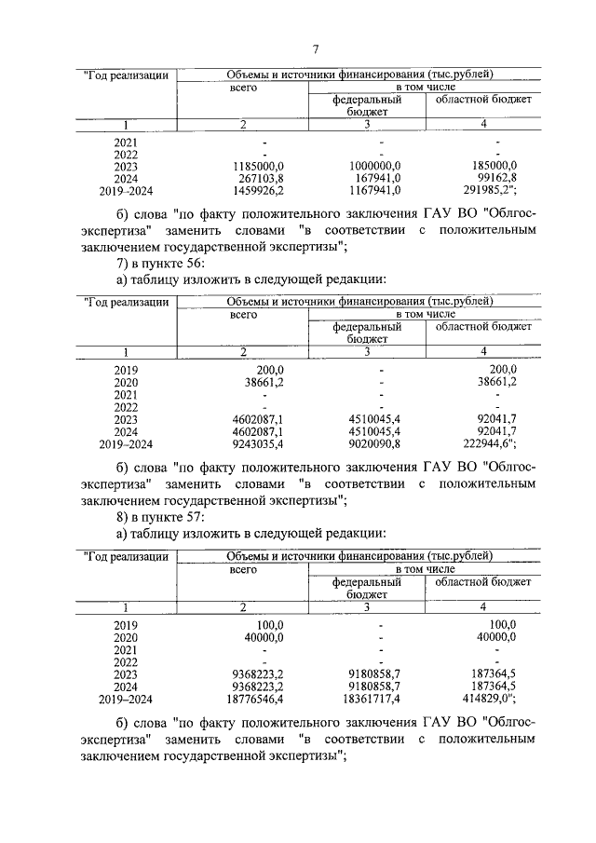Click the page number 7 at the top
[316, 48]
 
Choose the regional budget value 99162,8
[494, 178]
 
